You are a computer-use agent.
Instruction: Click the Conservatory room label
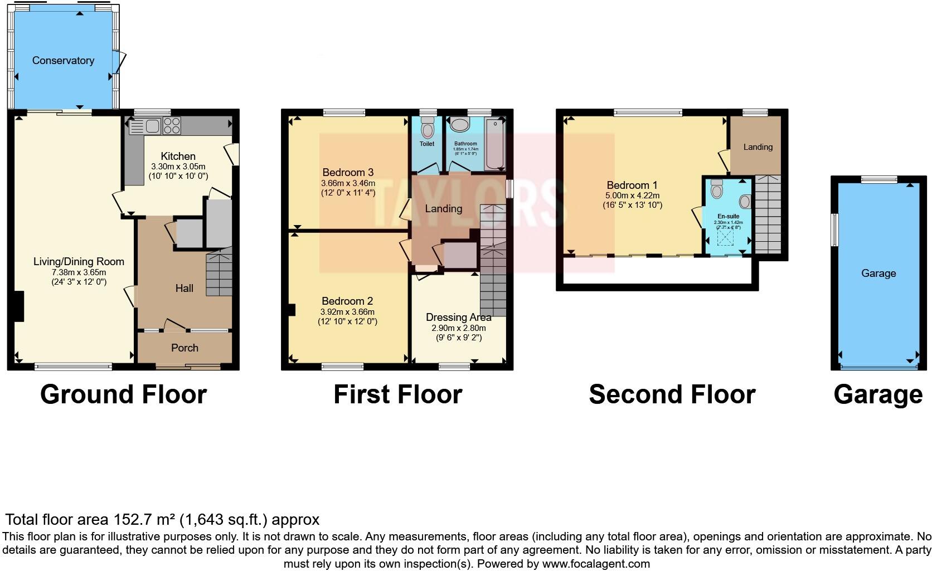pyautogui.click(x=63, y=61)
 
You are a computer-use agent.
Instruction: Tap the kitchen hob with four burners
pyautogui.click(x=171, y=126)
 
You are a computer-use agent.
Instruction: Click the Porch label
pyautogui.click(x=185, y=348)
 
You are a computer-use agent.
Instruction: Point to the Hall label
pyautogui.click(x=185, y=288)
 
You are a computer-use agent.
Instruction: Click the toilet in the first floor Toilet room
pyautogui.click(x=428, y=129)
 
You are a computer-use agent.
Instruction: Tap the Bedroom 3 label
pyautogui.click(x=348, y=173)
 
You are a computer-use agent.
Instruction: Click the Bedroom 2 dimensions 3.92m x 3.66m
pyautogui.click(x=347, y=312)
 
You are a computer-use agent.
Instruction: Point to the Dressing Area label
pyautogui.click(x=458, y=318)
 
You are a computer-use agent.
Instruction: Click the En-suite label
pyautogui.click(x=728, y=216)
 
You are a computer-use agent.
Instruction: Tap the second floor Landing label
pyautogui.click(x=758, y=147)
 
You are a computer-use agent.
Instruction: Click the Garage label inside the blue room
pyautogui.click(x=878, y=274)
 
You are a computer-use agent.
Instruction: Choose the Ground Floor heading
pyautogui.click(x=123, y=394)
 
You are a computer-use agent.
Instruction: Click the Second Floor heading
pyautogui.click(x=672, y=394)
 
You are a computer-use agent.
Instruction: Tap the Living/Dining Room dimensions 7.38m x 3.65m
pyautogui.click(x=79, y=272)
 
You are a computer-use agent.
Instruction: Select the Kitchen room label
pyautogui.click(x=178, y=157)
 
